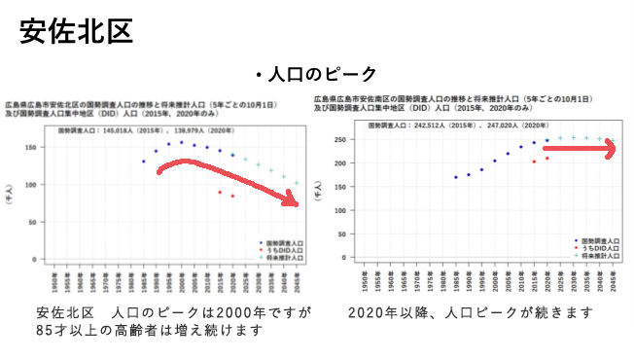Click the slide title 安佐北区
[x=76, y=31]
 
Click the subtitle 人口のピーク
[x=315, y=74]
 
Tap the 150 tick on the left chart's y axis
[x=29, y=148]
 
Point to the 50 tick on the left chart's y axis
[x=31, y=222]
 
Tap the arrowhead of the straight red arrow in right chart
[x=608, y=151]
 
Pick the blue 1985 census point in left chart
[x=143, y=162]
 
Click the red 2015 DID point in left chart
[x=219, y=193]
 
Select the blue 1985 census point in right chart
[x=455, y=177]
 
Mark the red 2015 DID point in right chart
[x=533, y=162]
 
